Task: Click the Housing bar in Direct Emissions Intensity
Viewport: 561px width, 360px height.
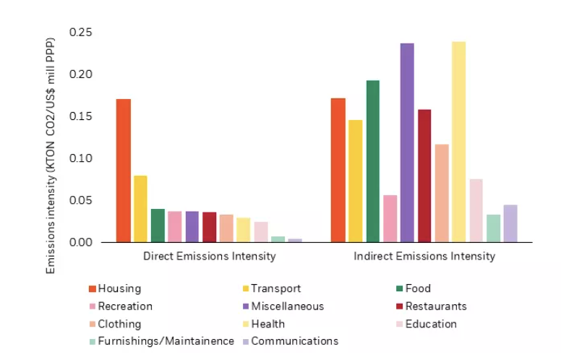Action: (x=124, y=171)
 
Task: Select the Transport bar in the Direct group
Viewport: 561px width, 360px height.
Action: (x=141, y=209)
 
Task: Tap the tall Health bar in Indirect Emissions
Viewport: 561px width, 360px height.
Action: (x=459, y=142)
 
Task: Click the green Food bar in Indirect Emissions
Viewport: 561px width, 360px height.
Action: (x=372, y=161)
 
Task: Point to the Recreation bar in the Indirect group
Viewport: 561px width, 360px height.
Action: (x=390, y=218)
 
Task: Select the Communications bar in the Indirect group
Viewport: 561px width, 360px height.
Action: (x=510, y=223)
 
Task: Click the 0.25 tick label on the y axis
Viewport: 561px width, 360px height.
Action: (x=82, y=33)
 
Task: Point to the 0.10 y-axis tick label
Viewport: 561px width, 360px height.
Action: (x=82, y=158)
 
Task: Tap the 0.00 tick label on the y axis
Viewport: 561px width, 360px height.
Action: (x=82, y=242)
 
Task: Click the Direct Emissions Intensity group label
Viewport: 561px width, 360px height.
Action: (x=209, y=257)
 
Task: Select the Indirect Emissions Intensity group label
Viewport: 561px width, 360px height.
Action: (x=424, y=257)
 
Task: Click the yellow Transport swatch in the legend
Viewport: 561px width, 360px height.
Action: (x=244, y=289)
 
